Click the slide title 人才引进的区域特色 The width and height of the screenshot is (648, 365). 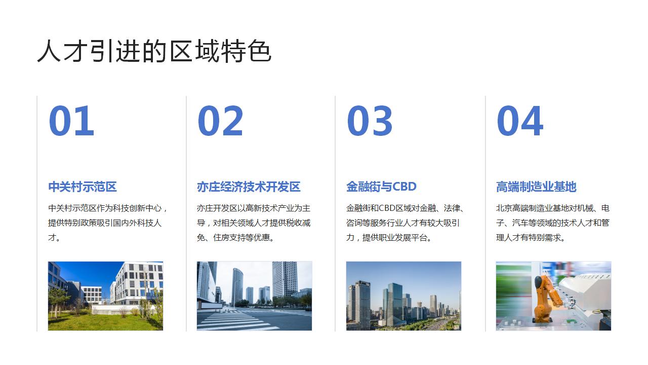tap(154, 52)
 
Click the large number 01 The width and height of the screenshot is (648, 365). tap(71, 121)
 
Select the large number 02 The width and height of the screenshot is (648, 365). tap(220, 121)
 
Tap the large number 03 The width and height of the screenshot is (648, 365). tap(370, 121)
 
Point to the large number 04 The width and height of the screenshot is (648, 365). tap(519, 121)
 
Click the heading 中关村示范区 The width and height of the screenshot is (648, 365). tap(83, 187)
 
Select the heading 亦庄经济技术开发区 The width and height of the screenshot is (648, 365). tap(249, 187)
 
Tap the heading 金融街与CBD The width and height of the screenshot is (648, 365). tap(381, 187)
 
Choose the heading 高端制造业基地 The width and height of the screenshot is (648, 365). tap(536, 187)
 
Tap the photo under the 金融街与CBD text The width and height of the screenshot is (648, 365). tap(403, 296)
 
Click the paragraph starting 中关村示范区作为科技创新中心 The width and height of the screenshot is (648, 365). tap(107, 223)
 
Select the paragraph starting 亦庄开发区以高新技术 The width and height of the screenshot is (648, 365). tap(254, 223)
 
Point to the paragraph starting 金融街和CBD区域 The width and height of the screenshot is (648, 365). tap(405, 223)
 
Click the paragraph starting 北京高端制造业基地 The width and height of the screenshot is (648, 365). tap(553, 223)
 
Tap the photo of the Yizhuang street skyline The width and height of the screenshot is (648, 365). tap(254, 296)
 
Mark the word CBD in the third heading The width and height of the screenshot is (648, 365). tap(404, 187)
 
